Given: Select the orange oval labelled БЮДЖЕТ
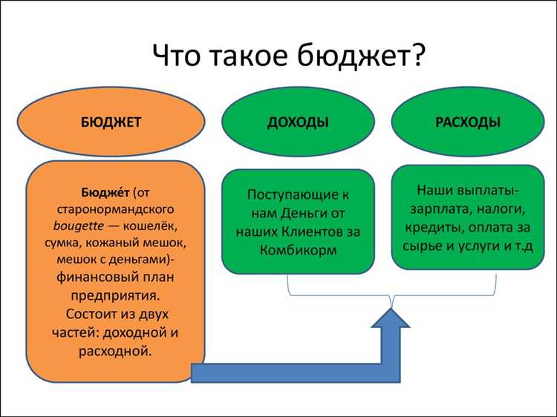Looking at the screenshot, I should [112, 123].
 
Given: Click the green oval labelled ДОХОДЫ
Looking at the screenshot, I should [298, 123].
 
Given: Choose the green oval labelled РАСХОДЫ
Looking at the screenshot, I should [467, 122].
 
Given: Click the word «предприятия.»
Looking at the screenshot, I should [115, 297].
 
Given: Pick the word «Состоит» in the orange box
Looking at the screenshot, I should [81, 314].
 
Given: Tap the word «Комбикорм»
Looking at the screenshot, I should [298, 250].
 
